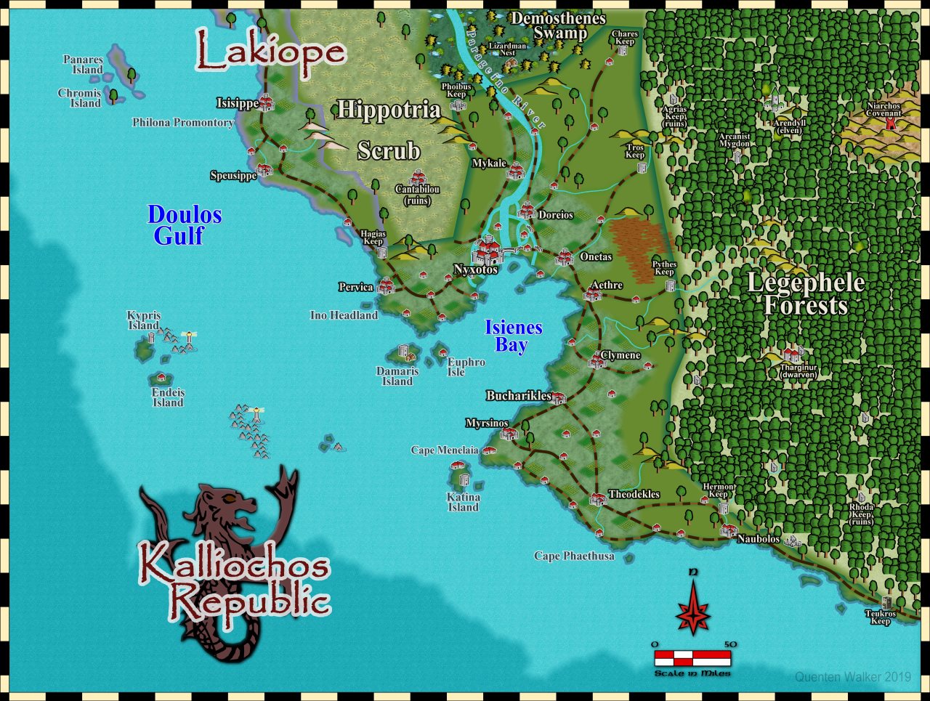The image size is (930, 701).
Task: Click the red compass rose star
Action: (x=692, y=609)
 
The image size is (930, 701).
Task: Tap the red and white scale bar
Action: (x=692, y=658)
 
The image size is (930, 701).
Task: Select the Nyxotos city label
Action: (x=476, y=270)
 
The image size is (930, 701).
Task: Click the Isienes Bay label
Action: (x=513, y=336)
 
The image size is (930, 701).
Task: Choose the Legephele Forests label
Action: (x=805, y=293)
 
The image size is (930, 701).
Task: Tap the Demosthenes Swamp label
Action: (x=558, y=25)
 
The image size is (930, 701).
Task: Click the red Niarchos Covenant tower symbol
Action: (x=891, y=124)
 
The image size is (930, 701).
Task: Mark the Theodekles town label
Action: (x=634, y=494)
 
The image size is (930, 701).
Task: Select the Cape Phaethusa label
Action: (x=574, y=556)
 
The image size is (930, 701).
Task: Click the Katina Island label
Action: (x=464, y=502)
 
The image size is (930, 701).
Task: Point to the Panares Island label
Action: (x=84, y=65)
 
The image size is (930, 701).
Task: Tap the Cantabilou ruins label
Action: (x=417, y=195)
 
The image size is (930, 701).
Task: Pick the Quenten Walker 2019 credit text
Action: (x=852, y=677)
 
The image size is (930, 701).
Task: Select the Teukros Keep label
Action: (x=881, y=617)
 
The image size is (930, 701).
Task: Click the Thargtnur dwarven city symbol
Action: (x=792, y=354)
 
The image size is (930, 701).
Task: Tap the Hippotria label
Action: (x=389, y=110)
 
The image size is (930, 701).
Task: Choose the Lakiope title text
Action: (x=270, y=52)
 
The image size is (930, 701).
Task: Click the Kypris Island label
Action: (x=144, y=320)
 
